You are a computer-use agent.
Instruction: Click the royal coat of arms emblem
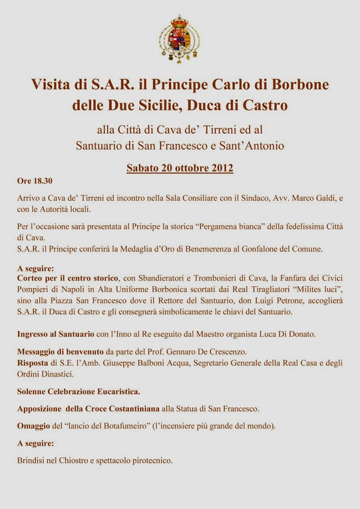(180, 39)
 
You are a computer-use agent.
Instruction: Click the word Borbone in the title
(301, 84)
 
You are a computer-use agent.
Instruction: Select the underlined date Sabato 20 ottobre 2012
(180, 168)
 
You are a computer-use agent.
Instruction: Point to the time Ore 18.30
(35, 180)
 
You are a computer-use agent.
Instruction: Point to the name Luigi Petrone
(260, 301)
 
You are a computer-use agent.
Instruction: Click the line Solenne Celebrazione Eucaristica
(79, 392)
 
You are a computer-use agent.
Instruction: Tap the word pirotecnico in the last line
(150, 460)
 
